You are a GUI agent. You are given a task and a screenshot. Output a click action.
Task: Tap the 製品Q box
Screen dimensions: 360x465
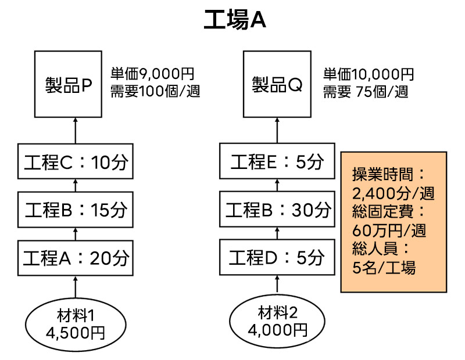click(x=277, y=84)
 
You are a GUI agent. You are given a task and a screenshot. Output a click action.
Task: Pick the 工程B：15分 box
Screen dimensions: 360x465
click(x=76, y=209)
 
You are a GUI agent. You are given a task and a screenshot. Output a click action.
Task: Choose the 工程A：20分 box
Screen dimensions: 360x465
click(x=76, y=255)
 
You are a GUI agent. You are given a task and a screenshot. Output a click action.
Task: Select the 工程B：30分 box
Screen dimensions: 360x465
click(x=277, y=209)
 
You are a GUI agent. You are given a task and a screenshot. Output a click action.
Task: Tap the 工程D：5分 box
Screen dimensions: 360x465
click(x=277, y=255)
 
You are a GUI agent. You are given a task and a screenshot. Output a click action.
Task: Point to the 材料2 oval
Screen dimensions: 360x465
click(x=277, y=321)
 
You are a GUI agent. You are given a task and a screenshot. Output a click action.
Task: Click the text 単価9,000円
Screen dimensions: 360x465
click(x=152, y=74)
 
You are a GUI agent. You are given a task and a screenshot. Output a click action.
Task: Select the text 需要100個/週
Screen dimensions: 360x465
click(x=155, y=91)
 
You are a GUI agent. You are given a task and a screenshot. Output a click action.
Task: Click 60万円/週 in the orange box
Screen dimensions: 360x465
click(x=389, y=230)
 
